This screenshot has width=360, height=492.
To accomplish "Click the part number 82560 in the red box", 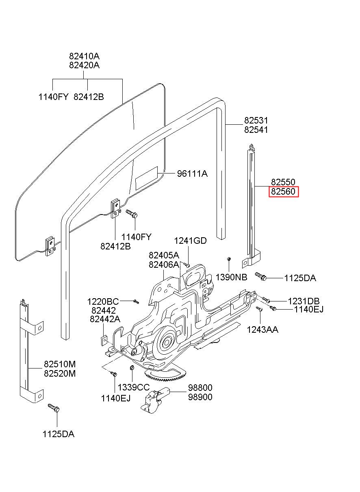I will pos(284,191).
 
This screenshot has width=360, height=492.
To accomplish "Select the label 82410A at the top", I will pos(84,56).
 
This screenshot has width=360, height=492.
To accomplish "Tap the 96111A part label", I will pos(192,174).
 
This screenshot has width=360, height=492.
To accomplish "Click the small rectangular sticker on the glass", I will pos(146,178).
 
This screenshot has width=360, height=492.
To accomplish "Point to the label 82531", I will pos(256,121).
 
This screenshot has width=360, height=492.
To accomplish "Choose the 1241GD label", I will pos(190,241).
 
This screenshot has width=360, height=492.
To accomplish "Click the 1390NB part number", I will pos(231,277).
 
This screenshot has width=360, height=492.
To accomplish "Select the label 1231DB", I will pos(304,301).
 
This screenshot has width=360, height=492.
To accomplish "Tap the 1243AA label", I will pos(262,329).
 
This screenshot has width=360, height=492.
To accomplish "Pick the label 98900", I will pos(200,397).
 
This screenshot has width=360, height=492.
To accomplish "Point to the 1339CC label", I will pos(134,387).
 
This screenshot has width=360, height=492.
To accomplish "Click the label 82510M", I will pos(60,364).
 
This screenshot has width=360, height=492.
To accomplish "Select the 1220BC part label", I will pos(103,301).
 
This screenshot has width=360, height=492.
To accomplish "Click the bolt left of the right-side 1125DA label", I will pos(261,276).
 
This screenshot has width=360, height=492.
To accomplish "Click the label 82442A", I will pos(105,319).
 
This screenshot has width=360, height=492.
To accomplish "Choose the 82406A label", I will pos(163,264).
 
